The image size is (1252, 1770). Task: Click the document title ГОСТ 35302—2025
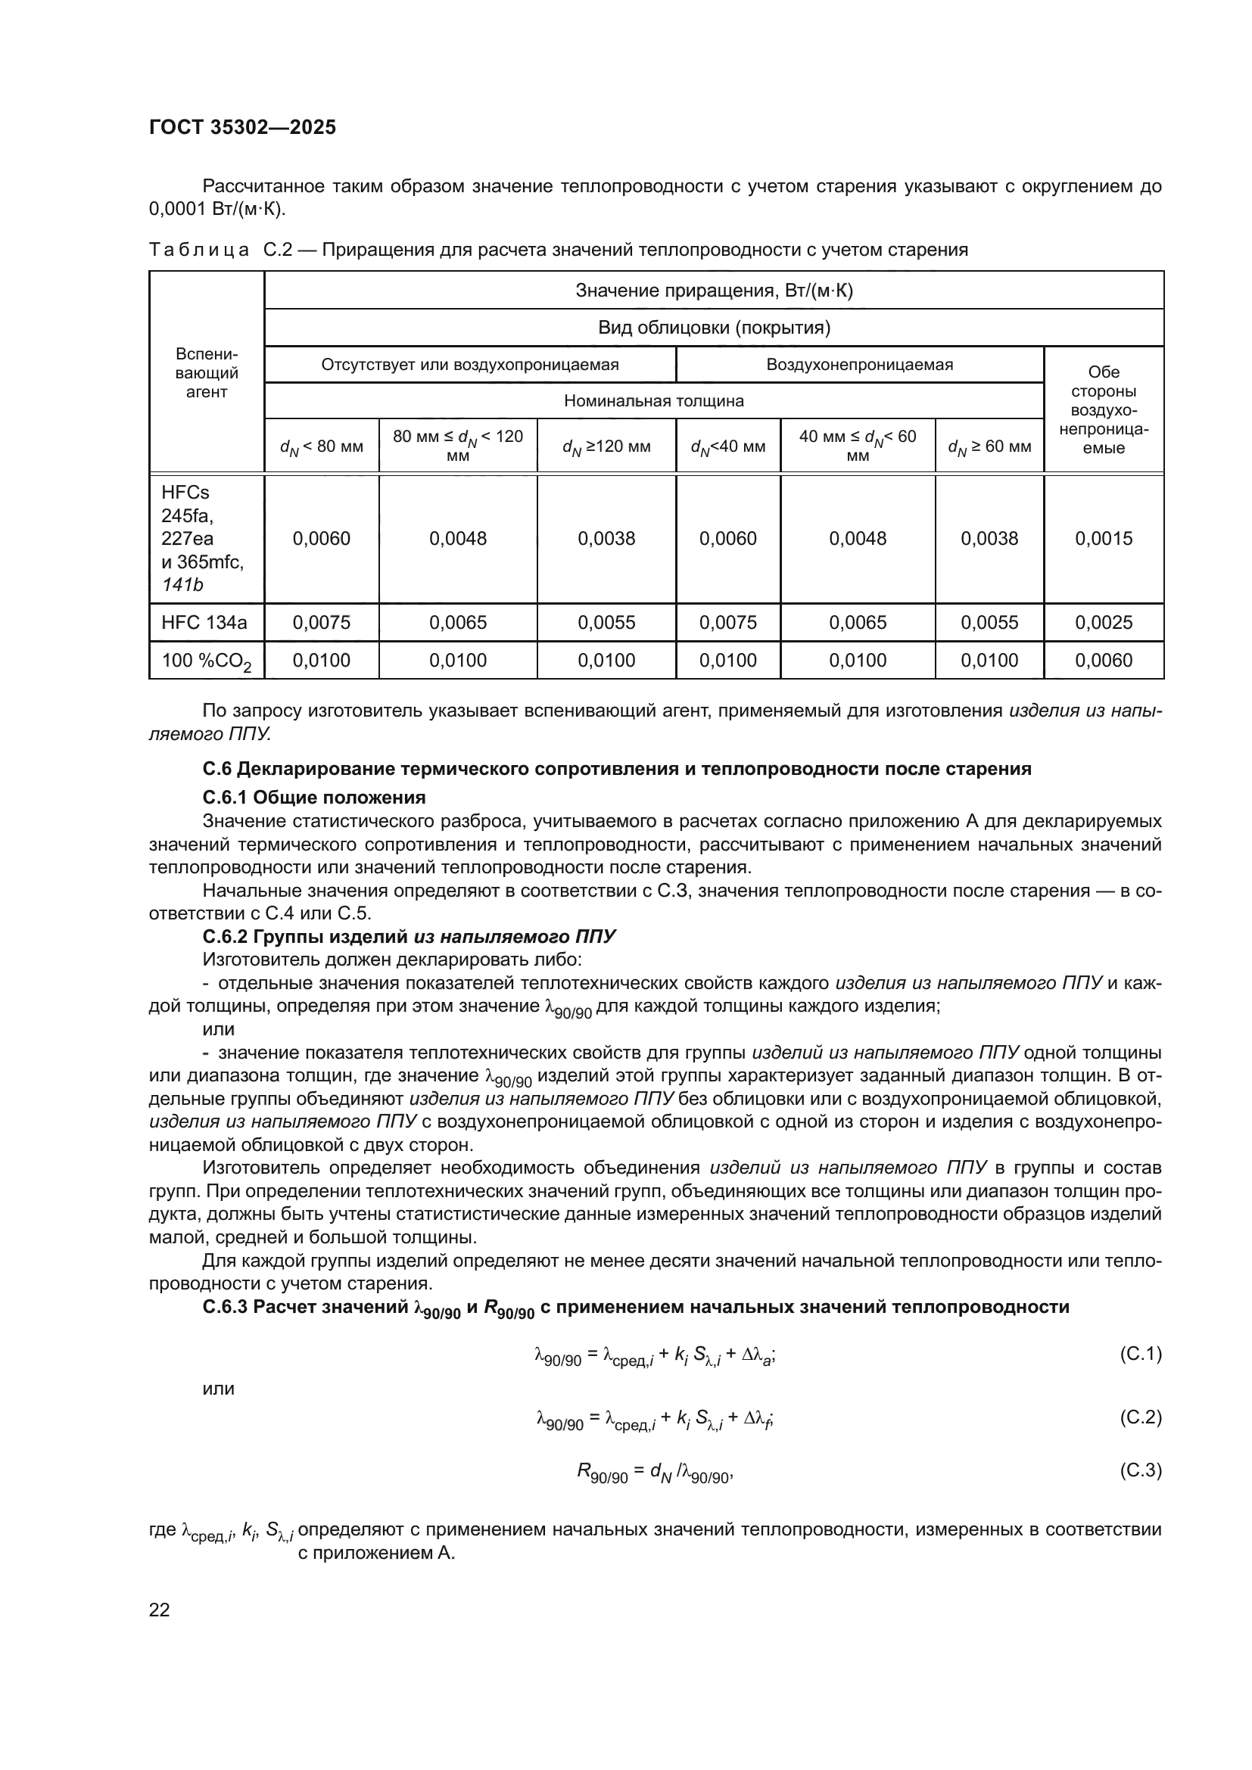click(x=242, y=127)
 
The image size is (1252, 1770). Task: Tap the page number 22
click(x=159, y=1610)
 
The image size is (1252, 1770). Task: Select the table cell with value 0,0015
click(x=1103, y=538)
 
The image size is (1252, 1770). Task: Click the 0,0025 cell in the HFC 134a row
click(x=1103, y=622)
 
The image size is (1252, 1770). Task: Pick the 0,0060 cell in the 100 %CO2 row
click(x=1103, y=660)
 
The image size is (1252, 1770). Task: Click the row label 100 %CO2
click(x=206, y=661)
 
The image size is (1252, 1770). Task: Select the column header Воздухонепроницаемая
click(x=859, y=365)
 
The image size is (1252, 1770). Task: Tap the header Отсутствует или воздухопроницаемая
click(x=469, y=365)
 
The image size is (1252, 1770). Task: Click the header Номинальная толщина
click(x=654, y=401)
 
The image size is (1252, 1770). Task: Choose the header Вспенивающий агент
click(x=207, y=373)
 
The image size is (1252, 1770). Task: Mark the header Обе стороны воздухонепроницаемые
click(x=1103, y=409)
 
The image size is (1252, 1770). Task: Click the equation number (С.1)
click(x=1139, y=1354)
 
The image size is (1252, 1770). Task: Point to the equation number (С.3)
click(x=1139, y=1470)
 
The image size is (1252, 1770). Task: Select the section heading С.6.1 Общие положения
click(x=314, y=797)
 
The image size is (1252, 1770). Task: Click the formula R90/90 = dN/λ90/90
click(x=655, y=1473)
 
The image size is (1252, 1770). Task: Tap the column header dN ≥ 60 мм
click(x=989, y=446)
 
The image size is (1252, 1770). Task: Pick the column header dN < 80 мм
click(x=322, y=446)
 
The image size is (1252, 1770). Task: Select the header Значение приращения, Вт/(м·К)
click(x=714, y=291)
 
